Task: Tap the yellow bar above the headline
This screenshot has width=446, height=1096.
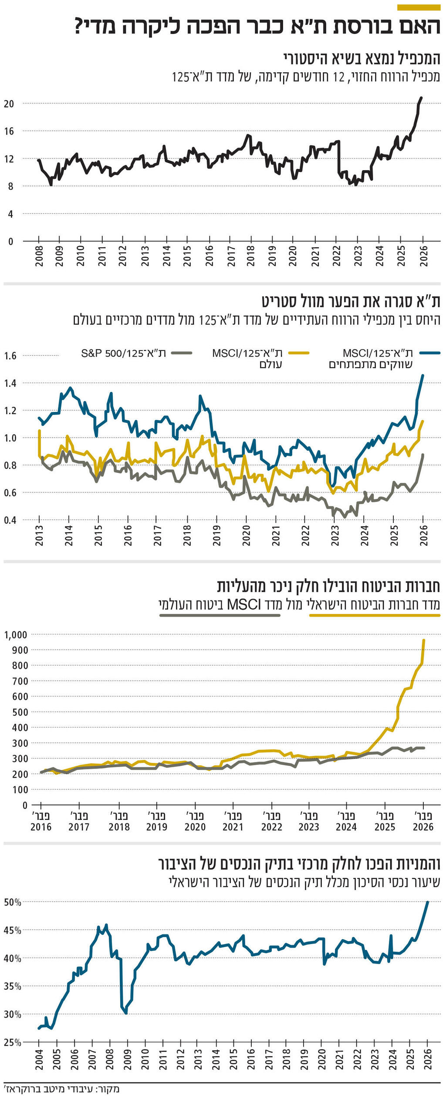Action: tap(419, 7)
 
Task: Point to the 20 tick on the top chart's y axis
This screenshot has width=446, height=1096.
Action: tap(9, 104)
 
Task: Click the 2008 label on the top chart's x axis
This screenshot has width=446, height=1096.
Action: tap(39, 256)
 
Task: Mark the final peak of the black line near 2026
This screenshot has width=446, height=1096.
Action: tap(421, 98)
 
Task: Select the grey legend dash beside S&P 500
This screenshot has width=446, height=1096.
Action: tap(182, 353)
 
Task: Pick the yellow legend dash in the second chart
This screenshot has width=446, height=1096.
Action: tap(298, 353)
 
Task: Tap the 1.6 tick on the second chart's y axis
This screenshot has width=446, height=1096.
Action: tap(10, 356)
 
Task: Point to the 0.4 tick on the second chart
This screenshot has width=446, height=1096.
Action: tap(10, 520)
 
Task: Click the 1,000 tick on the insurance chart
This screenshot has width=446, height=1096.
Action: tap(16, 634)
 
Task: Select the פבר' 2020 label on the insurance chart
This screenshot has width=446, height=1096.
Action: tap(195, 821)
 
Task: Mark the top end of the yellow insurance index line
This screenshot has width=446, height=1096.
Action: tap(424, 640)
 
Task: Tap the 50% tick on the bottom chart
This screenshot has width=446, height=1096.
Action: tap(13, 903)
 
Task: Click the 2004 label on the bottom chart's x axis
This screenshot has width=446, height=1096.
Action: tap(39, 1059)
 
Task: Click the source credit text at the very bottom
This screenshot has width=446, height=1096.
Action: tap(61, 1089)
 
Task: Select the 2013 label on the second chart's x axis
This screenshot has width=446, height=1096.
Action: tap(39, 536)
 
